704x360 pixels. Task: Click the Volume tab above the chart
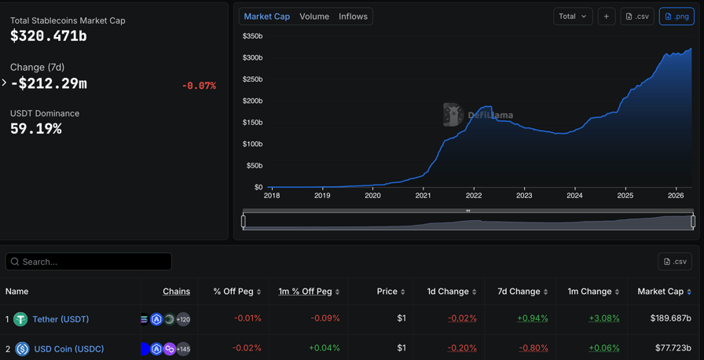314,17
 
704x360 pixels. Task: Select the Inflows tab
353,17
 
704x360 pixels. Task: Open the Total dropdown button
573,17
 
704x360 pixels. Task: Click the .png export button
676,17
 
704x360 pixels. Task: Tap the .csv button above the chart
637,17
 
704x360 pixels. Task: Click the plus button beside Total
607,17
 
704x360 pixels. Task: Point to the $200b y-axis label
252,101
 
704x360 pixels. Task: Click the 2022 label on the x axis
473,195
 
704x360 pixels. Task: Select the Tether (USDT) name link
60,319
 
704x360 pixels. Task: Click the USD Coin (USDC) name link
68,349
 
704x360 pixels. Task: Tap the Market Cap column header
660,292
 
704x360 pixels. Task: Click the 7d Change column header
519,292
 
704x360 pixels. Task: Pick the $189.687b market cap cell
670,318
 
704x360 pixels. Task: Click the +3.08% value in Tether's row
603,318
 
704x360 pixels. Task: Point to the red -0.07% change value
199,86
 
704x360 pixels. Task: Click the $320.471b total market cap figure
49,36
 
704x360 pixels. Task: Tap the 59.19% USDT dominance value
36,129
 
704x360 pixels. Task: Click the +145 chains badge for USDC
183,349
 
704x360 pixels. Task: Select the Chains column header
176,292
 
